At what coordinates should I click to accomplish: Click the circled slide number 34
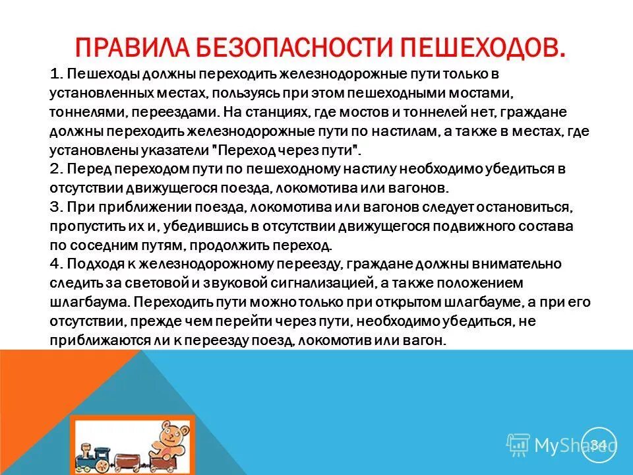point(598,444)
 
